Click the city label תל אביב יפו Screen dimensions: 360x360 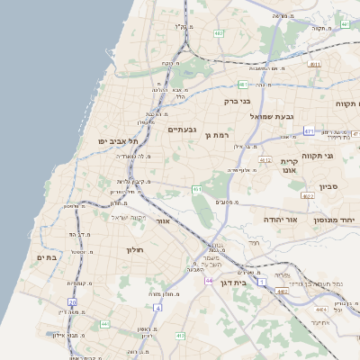click(x=120, y=141)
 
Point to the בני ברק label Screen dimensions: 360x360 click(x=235, y=102)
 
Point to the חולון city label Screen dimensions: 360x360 click(x=135, y=248)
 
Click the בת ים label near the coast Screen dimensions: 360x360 click(x=45, y=257)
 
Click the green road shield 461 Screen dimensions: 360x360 click(x=196, y=189)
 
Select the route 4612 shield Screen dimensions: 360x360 click(x=265, y=159)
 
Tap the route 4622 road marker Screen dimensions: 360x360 click(x=308, y=195)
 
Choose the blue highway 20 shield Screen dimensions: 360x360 click(x=72, y=301)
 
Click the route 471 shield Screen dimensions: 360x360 click(x=309, y=131)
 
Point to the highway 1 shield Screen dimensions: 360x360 click(x=262, y=283)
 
